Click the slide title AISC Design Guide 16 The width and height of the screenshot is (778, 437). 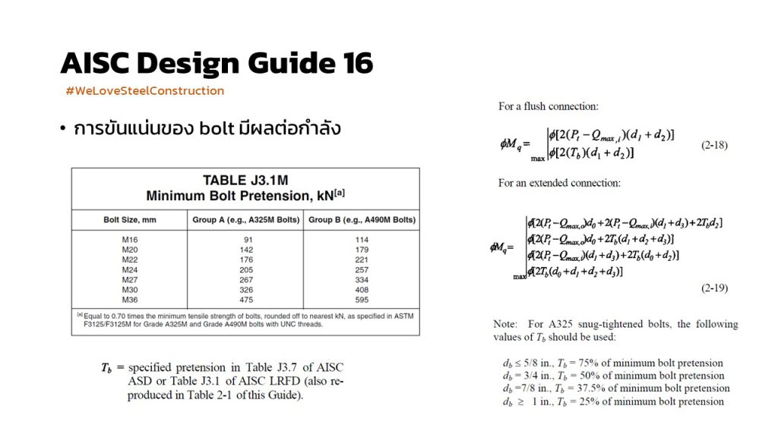click(x=217, y=64)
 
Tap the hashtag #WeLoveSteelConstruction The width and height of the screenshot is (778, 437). click(x=145, y=91)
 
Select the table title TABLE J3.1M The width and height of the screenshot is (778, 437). click(x=245, y=181)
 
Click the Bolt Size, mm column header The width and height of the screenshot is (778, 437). click(x=128, y=220)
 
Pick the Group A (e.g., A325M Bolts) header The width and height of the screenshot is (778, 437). click(x=244, y=220)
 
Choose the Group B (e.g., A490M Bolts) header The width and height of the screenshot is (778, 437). click(x=361, y=220)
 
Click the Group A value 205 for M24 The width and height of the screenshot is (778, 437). click(x=244, y=269)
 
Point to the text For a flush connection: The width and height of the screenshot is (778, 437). click(x=548, y=106)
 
